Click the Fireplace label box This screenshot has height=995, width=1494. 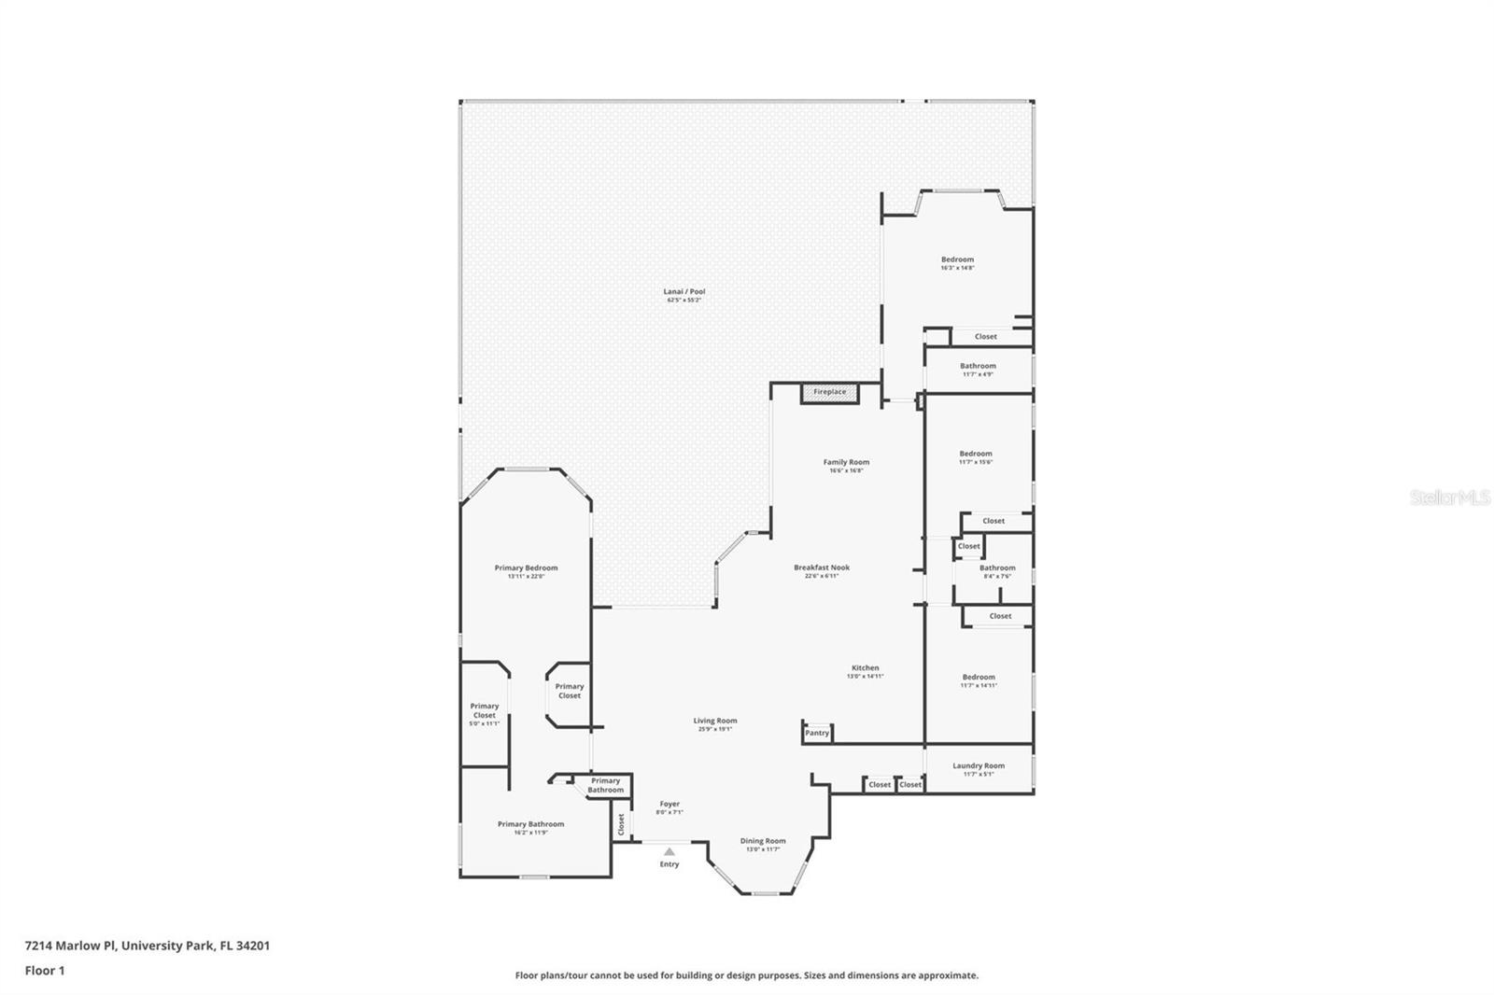point(829,392)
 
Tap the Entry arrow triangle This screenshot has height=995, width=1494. point(669,851)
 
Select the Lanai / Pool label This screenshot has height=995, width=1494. point(684,292)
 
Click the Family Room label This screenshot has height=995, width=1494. point(846,462)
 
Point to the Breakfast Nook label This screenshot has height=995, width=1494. point(822,568)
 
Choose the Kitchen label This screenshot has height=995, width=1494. point(865,668)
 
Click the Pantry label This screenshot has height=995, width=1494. point(817,733)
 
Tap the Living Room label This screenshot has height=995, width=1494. point(715,721)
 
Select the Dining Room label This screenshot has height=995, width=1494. point(763,841)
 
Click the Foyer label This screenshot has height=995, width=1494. point(669,804)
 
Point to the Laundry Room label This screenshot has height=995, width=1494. point(979,766)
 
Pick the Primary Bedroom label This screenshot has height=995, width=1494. point(526,568)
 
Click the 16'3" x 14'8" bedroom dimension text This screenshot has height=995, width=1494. point(957,268)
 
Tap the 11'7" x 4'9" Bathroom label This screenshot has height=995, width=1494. point(978,367)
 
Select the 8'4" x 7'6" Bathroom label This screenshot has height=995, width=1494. point(997,568)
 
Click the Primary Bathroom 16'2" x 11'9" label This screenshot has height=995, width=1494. point(530,825)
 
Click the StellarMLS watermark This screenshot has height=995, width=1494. point(1449,497)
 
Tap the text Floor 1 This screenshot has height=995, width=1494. point(45,971)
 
